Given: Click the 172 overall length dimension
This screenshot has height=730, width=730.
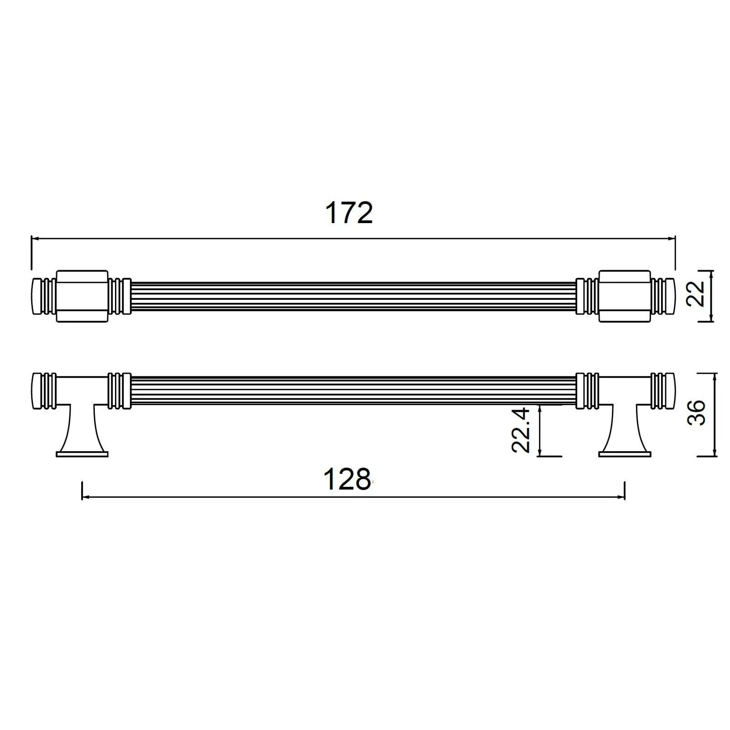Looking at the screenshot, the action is click(349, 213).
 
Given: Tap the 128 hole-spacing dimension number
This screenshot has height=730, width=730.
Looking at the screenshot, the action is click(347, 480).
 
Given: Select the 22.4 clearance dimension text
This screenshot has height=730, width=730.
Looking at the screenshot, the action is click(520, 430).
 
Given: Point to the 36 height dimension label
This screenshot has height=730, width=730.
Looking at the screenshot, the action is click(696, 412).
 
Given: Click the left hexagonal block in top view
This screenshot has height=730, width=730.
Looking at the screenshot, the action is click(82, 296).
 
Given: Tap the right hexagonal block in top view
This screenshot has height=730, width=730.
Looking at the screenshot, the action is click(625, 296).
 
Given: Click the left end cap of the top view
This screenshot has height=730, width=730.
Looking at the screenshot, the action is click(37, 296).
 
